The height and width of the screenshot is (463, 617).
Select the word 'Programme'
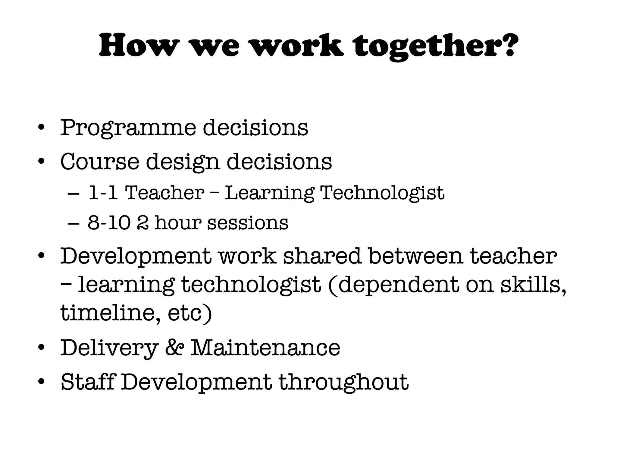128,128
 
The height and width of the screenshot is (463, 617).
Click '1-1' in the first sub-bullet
103,193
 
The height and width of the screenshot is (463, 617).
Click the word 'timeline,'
110,313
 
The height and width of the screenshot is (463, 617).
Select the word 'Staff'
88,382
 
